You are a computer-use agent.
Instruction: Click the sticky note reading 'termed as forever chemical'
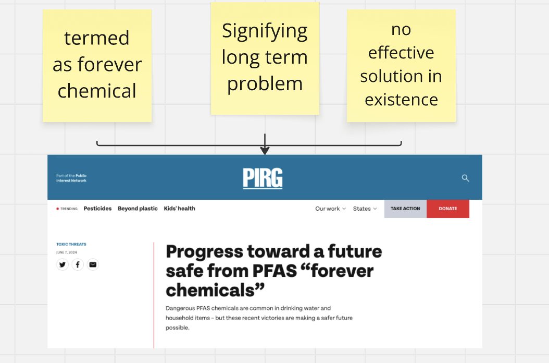[97, 66]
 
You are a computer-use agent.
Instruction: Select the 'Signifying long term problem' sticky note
[265, 58]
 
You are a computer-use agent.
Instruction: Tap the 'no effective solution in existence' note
[401, 66]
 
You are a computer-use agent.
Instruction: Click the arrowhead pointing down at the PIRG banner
[265, 150]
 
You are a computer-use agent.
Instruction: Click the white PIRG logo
[263, 178]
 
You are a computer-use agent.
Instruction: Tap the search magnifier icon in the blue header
[465, 178]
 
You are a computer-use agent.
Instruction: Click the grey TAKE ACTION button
[405, 209]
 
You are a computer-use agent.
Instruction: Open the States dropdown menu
[365, 209]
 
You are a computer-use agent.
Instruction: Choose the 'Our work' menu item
[330, 209]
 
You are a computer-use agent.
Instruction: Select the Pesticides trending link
[97, 208]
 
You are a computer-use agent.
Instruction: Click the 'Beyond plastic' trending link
[138, 208]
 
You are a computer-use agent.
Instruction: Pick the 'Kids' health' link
[179, 208]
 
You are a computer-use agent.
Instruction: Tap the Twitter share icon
[63, 264]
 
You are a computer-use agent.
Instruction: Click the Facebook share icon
[78, 264]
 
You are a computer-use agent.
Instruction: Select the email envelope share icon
[93, 264]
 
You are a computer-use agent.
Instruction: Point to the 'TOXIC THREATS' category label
[71, 244]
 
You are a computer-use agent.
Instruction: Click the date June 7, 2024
[67, 252]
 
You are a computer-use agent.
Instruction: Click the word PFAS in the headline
[274, 271]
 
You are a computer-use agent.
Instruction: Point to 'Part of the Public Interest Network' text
[71, 178]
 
